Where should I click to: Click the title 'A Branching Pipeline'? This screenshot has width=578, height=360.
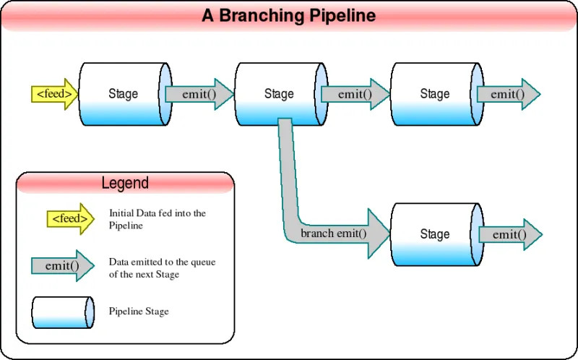pyautogui.click(x=288, y=16)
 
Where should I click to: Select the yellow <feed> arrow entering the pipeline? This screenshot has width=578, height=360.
pyautogui.click(x=55, y=94)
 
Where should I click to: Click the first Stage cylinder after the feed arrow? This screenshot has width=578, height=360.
pyautogui.click(x=123, y=94)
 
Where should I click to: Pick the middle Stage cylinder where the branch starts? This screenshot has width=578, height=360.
pyautogui.click(x=279, y=94)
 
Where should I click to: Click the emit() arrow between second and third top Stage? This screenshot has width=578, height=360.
pyautogui.click(x=355, y=94)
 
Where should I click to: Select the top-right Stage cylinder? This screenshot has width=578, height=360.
pyautogui.click(x=434, y=94)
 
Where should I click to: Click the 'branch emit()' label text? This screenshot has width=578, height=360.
pyautogui.click(x=334, y=233)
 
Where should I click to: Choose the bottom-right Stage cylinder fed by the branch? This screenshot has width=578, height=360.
pyautogui.click(x=434, y=234)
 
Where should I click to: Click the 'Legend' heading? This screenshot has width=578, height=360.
pyautogui.click(x=125, y=183)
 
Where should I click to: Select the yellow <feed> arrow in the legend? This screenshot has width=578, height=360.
pyautogui.click(x=69, y=219)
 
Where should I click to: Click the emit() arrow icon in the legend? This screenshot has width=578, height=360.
pyautogui.click(x=63, y=265)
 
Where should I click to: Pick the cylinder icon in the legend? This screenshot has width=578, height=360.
pyautogui.click(x=63, y=312)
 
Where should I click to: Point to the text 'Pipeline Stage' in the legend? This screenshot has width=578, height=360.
pyautogui.click(x=139, y=312)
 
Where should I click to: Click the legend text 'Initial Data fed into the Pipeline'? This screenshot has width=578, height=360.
pyautogui.click(x=158, y=219)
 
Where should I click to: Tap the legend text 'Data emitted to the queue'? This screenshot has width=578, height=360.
pyautogui.click(x=162, y=262)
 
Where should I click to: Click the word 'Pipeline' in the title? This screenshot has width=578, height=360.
pyautogui.click(x=341, y=16)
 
